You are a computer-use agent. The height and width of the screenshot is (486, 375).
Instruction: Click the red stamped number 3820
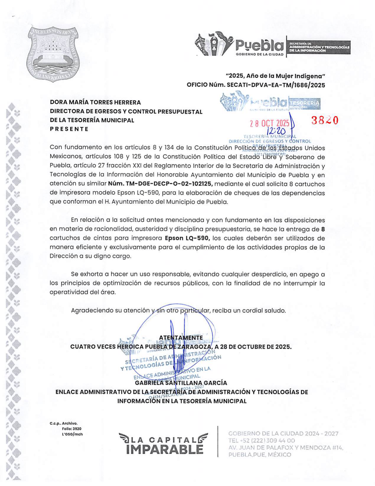click(x=325, y=120)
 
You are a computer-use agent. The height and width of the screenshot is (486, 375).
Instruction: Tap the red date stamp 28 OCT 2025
click(x=270, y=123)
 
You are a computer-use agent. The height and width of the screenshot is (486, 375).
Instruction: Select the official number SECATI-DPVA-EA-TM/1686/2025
click(x=256, y=85)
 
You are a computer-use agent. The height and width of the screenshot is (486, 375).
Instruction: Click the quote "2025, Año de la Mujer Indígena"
click(x=275, y=76)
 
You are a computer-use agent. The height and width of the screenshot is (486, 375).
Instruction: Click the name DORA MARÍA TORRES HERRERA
click(x=95, y=102)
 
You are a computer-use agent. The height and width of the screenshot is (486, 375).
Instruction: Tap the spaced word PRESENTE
click(x=69, y=129)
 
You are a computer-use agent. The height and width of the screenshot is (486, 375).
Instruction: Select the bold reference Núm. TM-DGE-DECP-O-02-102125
click(x=160, y=184)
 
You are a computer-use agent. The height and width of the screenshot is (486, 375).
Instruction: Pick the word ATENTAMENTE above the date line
click(x=181, y=337)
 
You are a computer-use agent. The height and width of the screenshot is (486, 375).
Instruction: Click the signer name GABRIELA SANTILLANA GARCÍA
click(x=181, y=383)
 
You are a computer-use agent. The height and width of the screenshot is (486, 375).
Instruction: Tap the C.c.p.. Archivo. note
click(x=63, y=423)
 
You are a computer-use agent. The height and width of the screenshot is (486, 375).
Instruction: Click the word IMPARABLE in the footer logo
click(x=165, y=449)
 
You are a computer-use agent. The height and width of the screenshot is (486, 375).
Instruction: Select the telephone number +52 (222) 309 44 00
click(x=261, y=441)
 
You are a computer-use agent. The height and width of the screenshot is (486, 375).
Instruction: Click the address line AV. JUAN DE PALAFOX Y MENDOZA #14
click(x=286, y=448)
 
